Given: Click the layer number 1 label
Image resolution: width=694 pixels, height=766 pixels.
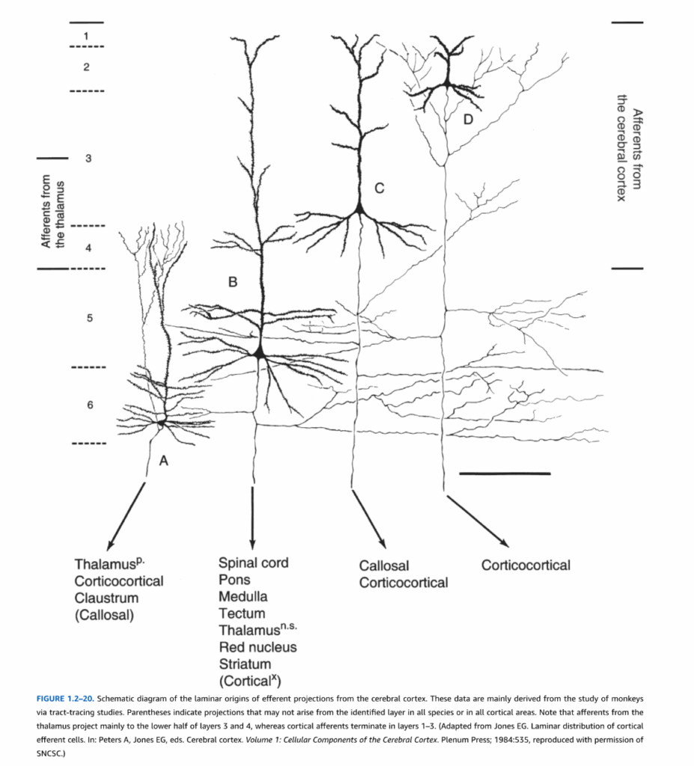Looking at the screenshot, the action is [86, 36].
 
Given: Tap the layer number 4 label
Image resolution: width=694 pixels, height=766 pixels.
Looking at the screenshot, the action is [88, 248].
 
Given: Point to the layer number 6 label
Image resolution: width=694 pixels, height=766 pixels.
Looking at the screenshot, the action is [90, 405].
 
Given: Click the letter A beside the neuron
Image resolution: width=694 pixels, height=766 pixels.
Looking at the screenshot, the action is [164, 461].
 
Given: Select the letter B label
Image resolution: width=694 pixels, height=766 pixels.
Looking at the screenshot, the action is [233, 282].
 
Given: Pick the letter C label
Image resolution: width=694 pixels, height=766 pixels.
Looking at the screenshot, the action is [379, 188].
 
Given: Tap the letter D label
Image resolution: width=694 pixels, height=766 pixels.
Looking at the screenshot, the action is [468, 119].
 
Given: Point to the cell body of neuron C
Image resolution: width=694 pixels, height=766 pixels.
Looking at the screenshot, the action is [359, 209].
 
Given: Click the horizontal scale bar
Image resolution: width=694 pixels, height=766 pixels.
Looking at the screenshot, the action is [505, 474].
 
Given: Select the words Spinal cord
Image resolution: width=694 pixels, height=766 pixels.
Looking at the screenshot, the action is [253, 563].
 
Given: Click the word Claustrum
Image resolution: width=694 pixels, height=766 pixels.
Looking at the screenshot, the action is [106, 598].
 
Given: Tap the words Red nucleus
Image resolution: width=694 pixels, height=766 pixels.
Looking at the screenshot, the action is [258, 647].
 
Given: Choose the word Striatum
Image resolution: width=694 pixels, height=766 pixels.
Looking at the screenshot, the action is [245, 664].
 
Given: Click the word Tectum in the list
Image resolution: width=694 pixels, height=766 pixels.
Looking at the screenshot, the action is [242, 613].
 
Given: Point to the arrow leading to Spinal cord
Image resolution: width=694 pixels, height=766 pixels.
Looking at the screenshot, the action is [252, 518].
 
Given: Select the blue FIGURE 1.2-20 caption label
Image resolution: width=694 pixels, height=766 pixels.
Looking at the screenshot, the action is [65, 699].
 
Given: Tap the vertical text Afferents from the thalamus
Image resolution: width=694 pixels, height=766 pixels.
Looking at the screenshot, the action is [52, 212].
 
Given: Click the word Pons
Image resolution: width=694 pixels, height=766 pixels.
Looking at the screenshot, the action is [234, 580].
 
